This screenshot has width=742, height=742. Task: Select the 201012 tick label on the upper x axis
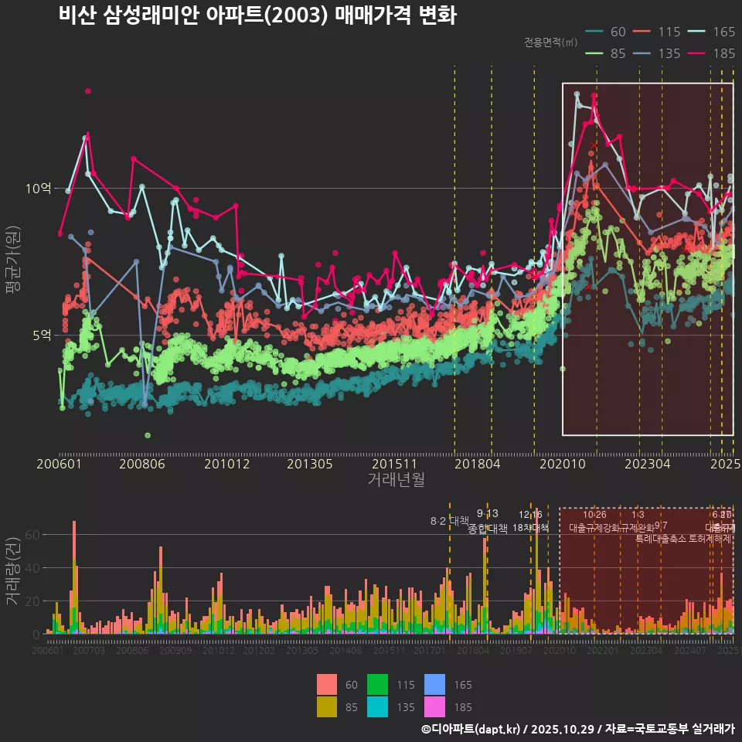tap(226, 465)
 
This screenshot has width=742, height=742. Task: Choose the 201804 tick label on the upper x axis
tap(477, 465)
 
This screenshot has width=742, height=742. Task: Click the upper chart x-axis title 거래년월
tap(396, 480)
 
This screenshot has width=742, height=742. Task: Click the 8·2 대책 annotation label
tap(450, 520)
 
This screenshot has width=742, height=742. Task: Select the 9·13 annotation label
tap(487, 513)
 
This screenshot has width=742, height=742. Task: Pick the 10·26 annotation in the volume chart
tap(594, 515)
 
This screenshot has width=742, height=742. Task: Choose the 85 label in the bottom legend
tap(351, 706)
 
